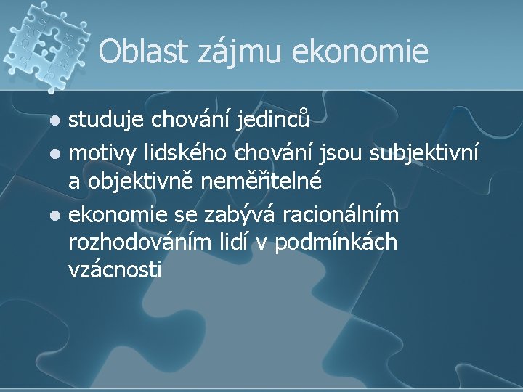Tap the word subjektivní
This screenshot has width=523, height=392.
coord(424,153)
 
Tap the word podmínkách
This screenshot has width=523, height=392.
coord(338,242)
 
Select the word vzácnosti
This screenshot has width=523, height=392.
coord(115,270)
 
